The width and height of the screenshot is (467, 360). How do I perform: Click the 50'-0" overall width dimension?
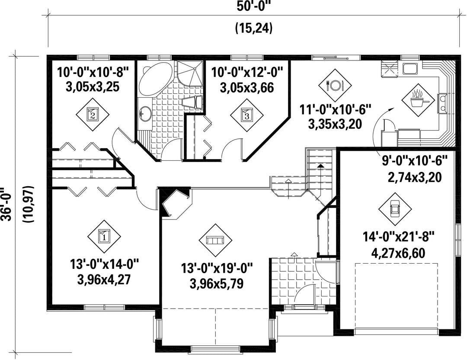pyautogui.click(x=254, y=6)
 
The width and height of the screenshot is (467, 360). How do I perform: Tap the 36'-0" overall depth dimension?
pyautogui.click(x=6, y=204)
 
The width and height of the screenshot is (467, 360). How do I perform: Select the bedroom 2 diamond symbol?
pyautogui.click(x=93, y=114)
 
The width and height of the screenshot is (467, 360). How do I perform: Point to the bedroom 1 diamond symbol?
pyautogui.click(x=104, y=237)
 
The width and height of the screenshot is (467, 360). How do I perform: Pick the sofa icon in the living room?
pyautogui.click(x=215, y=240)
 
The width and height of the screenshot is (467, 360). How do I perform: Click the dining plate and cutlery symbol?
pyautogui.click(x=335, y=86)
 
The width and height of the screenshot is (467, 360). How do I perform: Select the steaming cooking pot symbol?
pyautogui.click(x=418, y=100)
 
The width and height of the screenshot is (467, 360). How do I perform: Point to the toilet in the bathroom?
pyautogui.click(x=192, y=102)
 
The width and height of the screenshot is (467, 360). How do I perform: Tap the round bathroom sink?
pyautogui.click(x=145, y=114)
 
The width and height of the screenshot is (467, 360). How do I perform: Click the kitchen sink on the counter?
pyautogui.click(x=410, y=69)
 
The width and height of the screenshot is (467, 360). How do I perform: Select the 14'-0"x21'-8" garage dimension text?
pyautogui.click(x=399, y=238)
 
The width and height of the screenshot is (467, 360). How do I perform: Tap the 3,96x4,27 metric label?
pyautogui.click(x=104, y=280)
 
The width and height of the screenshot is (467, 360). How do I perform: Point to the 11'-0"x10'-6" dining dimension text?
pyautogui.click(x=335, y=109)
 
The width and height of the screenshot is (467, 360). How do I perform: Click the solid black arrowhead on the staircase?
pyautogui.click(x=320, y=166)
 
